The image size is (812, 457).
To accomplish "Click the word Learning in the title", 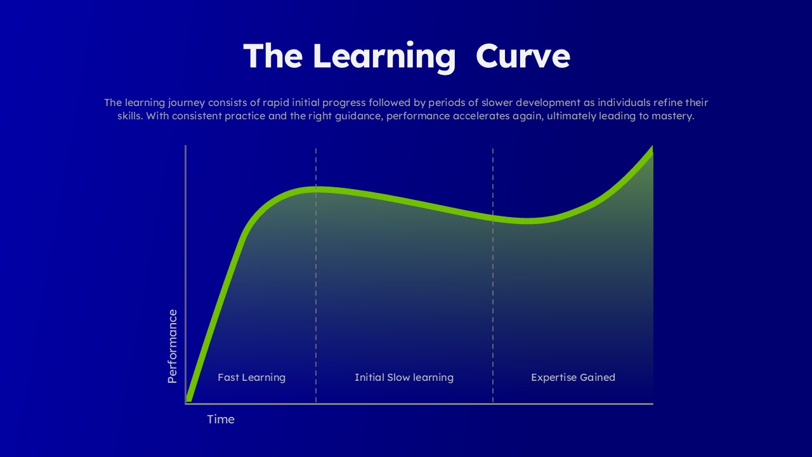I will [x=384, y=56].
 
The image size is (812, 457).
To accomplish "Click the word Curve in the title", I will [x=523, y=56].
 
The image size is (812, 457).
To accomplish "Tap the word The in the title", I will [x=273, y=56].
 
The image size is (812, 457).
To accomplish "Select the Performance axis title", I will [x=172, y=346].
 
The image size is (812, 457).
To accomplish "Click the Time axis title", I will [x=221, y=420].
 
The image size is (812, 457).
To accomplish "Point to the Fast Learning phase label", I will [x=251, y=378].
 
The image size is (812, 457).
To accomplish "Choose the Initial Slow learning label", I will [x=404, y=378].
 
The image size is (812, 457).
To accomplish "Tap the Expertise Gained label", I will [x=573, y=378].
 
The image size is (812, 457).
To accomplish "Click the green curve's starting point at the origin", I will [x=189, y=399].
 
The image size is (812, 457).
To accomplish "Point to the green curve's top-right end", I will [x=651, y=150].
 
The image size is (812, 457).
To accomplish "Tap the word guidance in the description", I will [x=358, y=117].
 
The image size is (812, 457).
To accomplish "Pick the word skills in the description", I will [x=129, y=117].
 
